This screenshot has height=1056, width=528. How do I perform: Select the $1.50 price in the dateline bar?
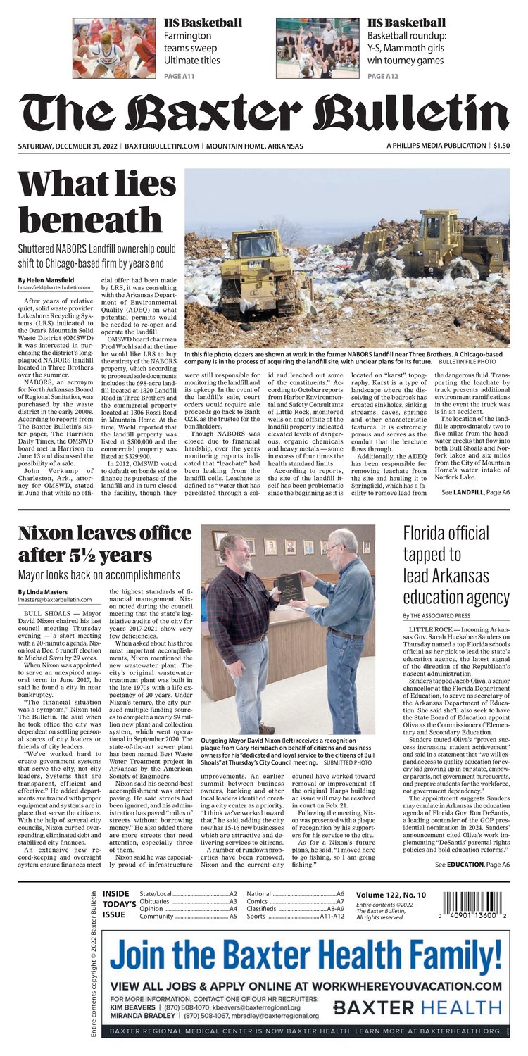click(501, 146)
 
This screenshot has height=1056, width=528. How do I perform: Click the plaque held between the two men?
click(289, 586)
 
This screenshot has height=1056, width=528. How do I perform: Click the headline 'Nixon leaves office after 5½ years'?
click(104, 544)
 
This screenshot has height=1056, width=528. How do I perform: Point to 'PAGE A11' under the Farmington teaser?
click(180, 76)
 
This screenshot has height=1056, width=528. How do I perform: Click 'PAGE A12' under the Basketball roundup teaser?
click(384, 76)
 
